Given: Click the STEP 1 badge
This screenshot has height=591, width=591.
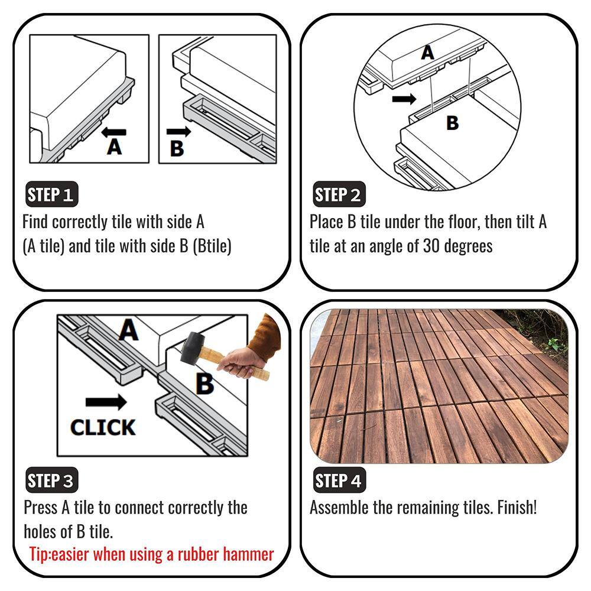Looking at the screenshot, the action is click(51, 194).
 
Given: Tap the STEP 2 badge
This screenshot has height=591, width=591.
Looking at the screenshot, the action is click(339, 194).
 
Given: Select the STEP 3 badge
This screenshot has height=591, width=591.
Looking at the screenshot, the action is click(51, 480).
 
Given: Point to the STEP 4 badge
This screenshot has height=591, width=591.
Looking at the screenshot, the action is click(339, 480).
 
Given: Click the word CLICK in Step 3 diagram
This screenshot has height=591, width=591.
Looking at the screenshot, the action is click(102, 427).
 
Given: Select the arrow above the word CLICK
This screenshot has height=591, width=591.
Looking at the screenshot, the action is click(106, 402).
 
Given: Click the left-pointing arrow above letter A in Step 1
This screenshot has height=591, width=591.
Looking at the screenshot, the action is click(113, 132).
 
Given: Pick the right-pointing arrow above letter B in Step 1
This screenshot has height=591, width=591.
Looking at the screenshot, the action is click(178, 132).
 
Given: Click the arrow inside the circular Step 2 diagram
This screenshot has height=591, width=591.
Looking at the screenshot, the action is click(404, 99).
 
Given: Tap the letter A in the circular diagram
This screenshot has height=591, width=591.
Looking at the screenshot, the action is click(427, 53).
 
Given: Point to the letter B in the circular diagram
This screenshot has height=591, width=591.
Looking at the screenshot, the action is click(452, 123).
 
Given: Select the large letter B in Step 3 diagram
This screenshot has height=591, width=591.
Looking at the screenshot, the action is click(204, 384).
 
